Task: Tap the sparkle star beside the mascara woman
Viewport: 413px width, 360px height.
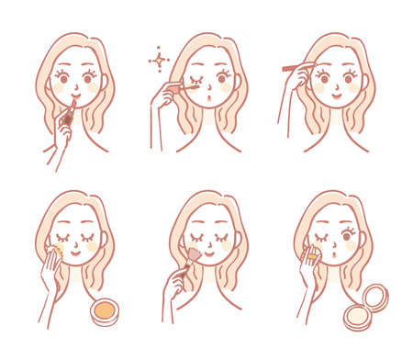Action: point(159,62)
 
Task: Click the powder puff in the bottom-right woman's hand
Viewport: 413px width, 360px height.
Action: point(312,254)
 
